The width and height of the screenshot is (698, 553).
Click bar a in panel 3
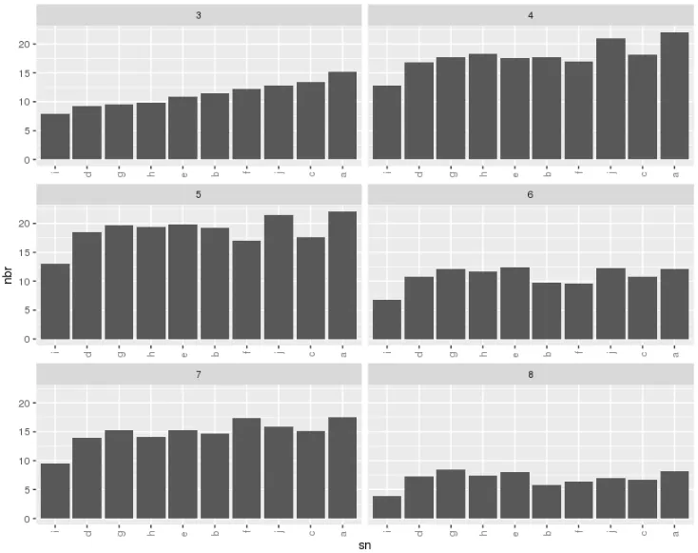[x=342, y=116]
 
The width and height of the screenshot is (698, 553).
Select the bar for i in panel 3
[x=55, y=137]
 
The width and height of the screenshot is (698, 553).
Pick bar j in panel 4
[x=610, y=99]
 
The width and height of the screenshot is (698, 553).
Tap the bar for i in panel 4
[x=386, y=123]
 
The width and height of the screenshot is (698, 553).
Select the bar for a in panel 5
[x=342, y=275]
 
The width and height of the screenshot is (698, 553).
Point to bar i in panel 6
[x=386, y=320]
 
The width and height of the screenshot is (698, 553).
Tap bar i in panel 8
[x=386, y=507]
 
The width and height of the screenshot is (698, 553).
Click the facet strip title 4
[x=530, y=15]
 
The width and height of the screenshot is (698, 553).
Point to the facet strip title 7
[x=199, y=374]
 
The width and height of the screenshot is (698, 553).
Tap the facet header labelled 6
[x=530, y=195]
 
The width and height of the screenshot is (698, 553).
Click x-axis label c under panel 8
[x=642, y=529]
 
